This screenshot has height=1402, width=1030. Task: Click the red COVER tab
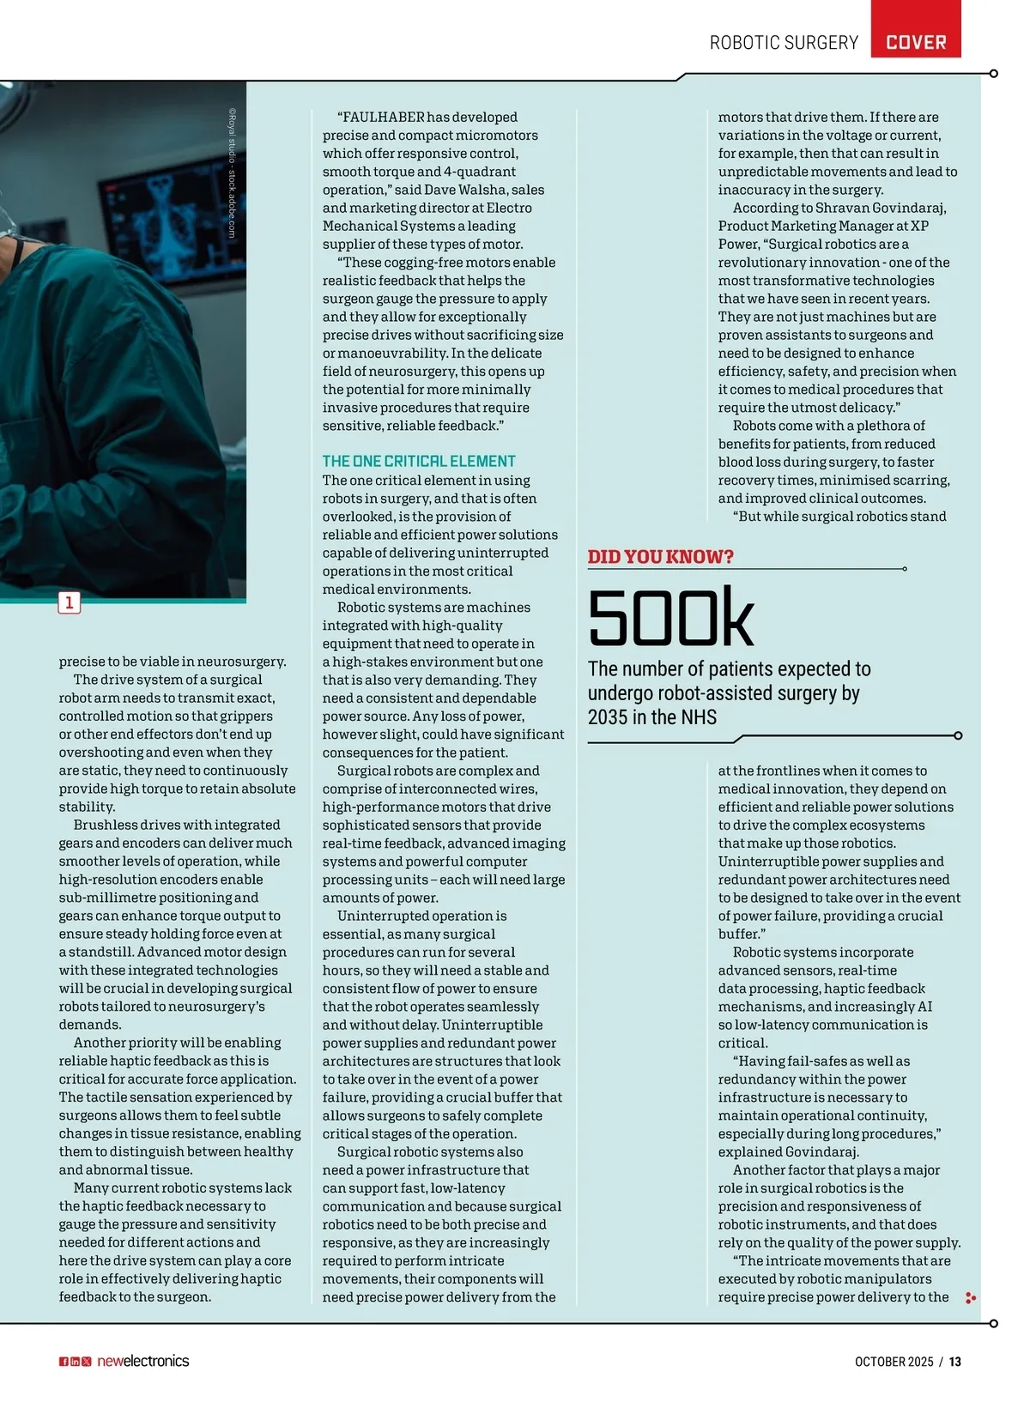(915, 42)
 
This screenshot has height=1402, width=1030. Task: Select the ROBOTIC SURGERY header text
(784, 42)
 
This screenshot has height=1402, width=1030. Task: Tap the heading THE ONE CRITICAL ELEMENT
(419, 461)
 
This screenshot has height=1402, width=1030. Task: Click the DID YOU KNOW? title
(660, 557)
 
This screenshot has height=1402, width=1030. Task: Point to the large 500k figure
(670, 618)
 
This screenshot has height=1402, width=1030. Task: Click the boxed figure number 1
(70, 602)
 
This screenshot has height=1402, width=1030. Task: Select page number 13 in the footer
(955, 1362)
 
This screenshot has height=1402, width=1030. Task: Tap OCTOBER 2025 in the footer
(894, 1362)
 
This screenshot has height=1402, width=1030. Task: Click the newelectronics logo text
(142, 1361)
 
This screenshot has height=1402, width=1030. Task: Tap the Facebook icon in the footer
(64, 1362)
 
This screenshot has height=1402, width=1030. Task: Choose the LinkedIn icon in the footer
(75, 1362)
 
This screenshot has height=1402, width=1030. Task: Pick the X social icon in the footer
(86, 1362)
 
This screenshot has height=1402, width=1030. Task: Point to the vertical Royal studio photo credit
(232, 172)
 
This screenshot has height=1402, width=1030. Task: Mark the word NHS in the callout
(697, 717)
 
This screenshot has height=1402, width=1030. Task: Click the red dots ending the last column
(971, 1298)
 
